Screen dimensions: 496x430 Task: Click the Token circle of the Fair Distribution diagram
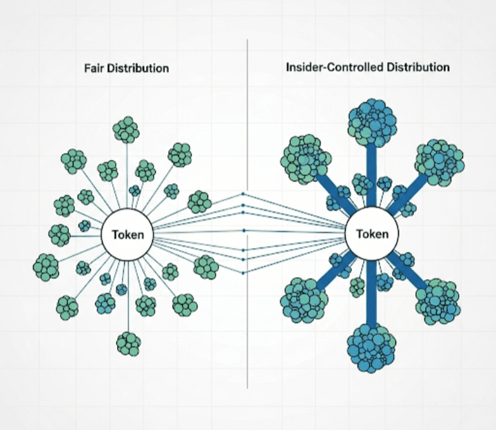pyautogui.click(x=127, y=235)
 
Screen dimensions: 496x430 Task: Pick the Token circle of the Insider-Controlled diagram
pyautogui.click(x=372, y=234)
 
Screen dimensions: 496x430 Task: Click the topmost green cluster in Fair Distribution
pyautogui.click(x=126, y=130)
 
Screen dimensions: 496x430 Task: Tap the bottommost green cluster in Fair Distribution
pyautogui.click(x=128, y=344)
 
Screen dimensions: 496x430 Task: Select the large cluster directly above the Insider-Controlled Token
pyautogui.click(x=372, y=123)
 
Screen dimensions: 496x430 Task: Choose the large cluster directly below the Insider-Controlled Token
pyautogui.click(x=371, y=348)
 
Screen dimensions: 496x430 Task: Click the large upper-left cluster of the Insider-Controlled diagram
pyautogui.click(x=306, y=159)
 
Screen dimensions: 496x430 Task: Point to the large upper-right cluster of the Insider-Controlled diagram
pyautogui.click(x=440, y=163)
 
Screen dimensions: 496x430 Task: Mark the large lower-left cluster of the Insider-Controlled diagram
pyautogui.click(x=304, y=300)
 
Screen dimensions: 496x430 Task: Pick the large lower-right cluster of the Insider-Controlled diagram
pyautogui.click(x=438, y=302)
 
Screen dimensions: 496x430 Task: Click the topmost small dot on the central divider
pyautogui.click(x=243, y=194)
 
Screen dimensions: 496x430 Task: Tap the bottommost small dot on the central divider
pyautogui.click(x=243, y=273)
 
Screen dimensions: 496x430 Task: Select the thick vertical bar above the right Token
pyautogui.click(x=372, y=176)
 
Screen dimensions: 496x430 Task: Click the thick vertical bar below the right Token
pyautogui.click(x=371, y=293)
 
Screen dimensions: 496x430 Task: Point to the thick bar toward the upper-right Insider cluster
pyautogui.click(x=407, y=194)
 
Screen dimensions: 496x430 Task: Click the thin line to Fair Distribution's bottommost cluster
pyautogui.click(x=128, y=296)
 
